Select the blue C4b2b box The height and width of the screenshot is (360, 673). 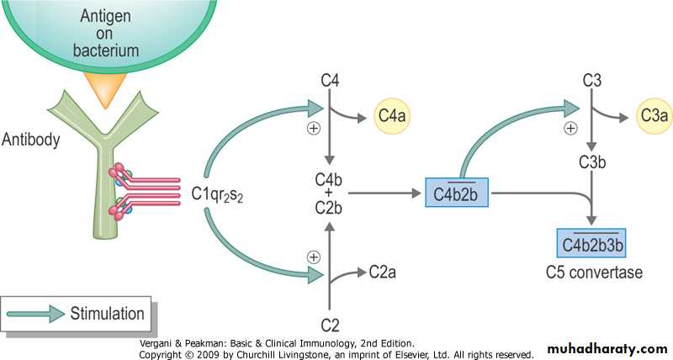pos(458,193)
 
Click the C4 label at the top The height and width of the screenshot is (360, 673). pos(330,82)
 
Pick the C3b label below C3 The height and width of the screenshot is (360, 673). pos(594,162)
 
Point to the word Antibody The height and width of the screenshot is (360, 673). pos(31,140)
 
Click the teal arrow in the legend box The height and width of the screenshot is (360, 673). pos(39,314)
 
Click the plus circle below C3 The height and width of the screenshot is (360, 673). pos(571,129)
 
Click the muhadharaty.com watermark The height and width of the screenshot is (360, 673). pos(607,348)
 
